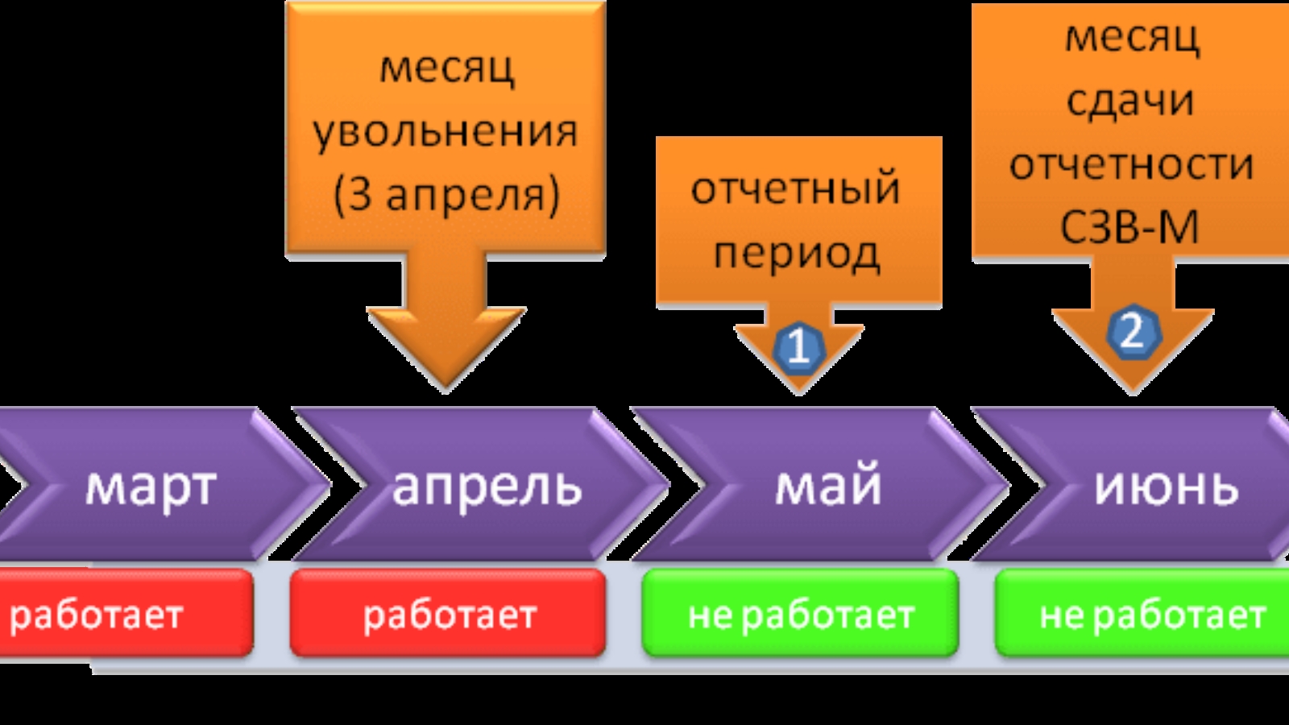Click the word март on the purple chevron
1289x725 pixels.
[x=151, y=487]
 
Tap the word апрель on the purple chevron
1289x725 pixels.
[x=487, y=487]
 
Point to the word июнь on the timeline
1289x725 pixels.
[x=1166, y=487]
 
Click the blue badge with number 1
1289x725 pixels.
[x=798, y=347]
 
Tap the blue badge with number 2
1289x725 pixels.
[x=1133, y=332]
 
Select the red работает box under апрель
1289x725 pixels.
[x=448, y=614]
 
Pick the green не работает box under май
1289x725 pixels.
[x=800, y=614]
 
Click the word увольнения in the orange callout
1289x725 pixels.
[x=446, y=130]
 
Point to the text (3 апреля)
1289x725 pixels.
[x=446, y=194]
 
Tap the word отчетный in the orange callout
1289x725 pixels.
[x=796, y=188]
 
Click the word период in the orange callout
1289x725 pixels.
[x=796, y=253]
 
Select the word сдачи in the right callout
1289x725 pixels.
[x=1130, y=101]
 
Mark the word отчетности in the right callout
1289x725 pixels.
[x=1131, y=164]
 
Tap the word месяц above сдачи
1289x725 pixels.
[x=1132, y=37]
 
